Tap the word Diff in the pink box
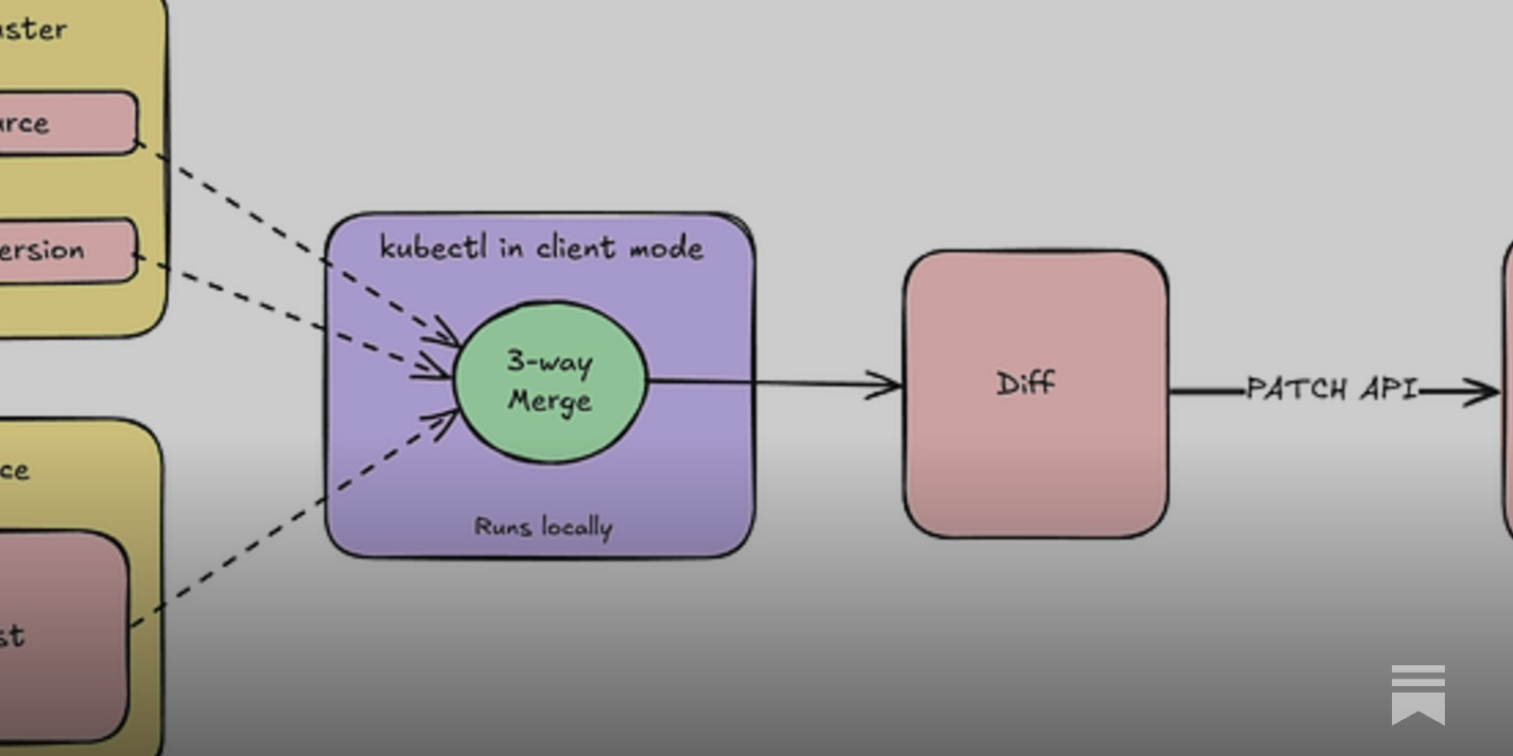tap(1025, 384)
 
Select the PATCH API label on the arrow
tap(1331, 388)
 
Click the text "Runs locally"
tap(543, 526)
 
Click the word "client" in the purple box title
tap(575, 248)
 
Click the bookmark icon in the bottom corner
tap(1417, 695)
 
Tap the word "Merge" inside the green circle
tap(549, 401)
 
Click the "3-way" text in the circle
tap(549, 361)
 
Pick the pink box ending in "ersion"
tap(66, 250)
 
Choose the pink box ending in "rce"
tap(66, 123)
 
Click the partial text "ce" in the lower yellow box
tap(14, 470)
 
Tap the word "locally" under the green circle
tap(577, 526)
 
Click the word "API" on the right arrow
tap(1388, 388)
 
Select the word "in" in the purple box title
tap(511, 248)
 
